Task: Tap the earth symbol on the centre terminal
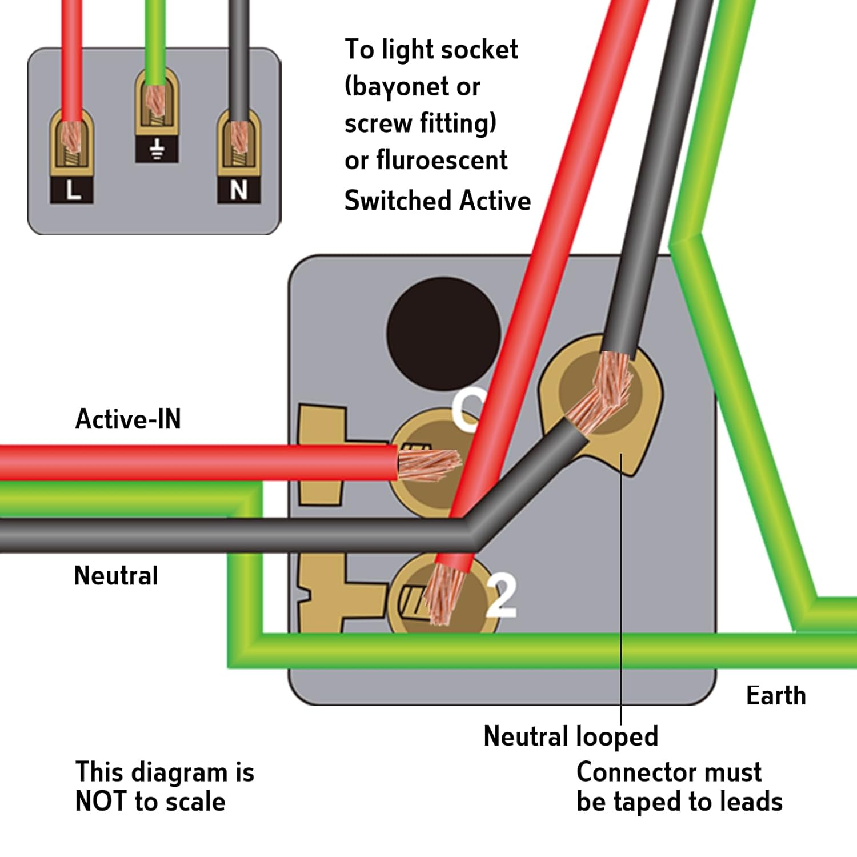pyautogui.click(x=157, y=150)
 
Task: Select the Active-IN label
pyautogui.click(x=128, y=419)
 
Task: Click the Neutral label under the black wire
pyautogui.click(x=116, y=575)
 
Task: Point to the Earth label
pyautogui.click(x=775, y=696)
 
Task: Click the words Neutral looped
pyautogui.click(x=570, y=736)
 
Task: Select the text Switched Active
pyautogui.click(x=437, y=201)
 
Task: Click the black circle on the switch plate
pyautogui.click(x=443, y=334)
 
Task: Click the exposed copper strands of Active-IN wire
pyautogui.click(x=428, y=464)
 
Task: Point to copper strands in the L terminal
pyautogui.click(x=71, y=137)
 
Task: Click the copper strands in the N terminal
pyautogui.click(x=239, y=137)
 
